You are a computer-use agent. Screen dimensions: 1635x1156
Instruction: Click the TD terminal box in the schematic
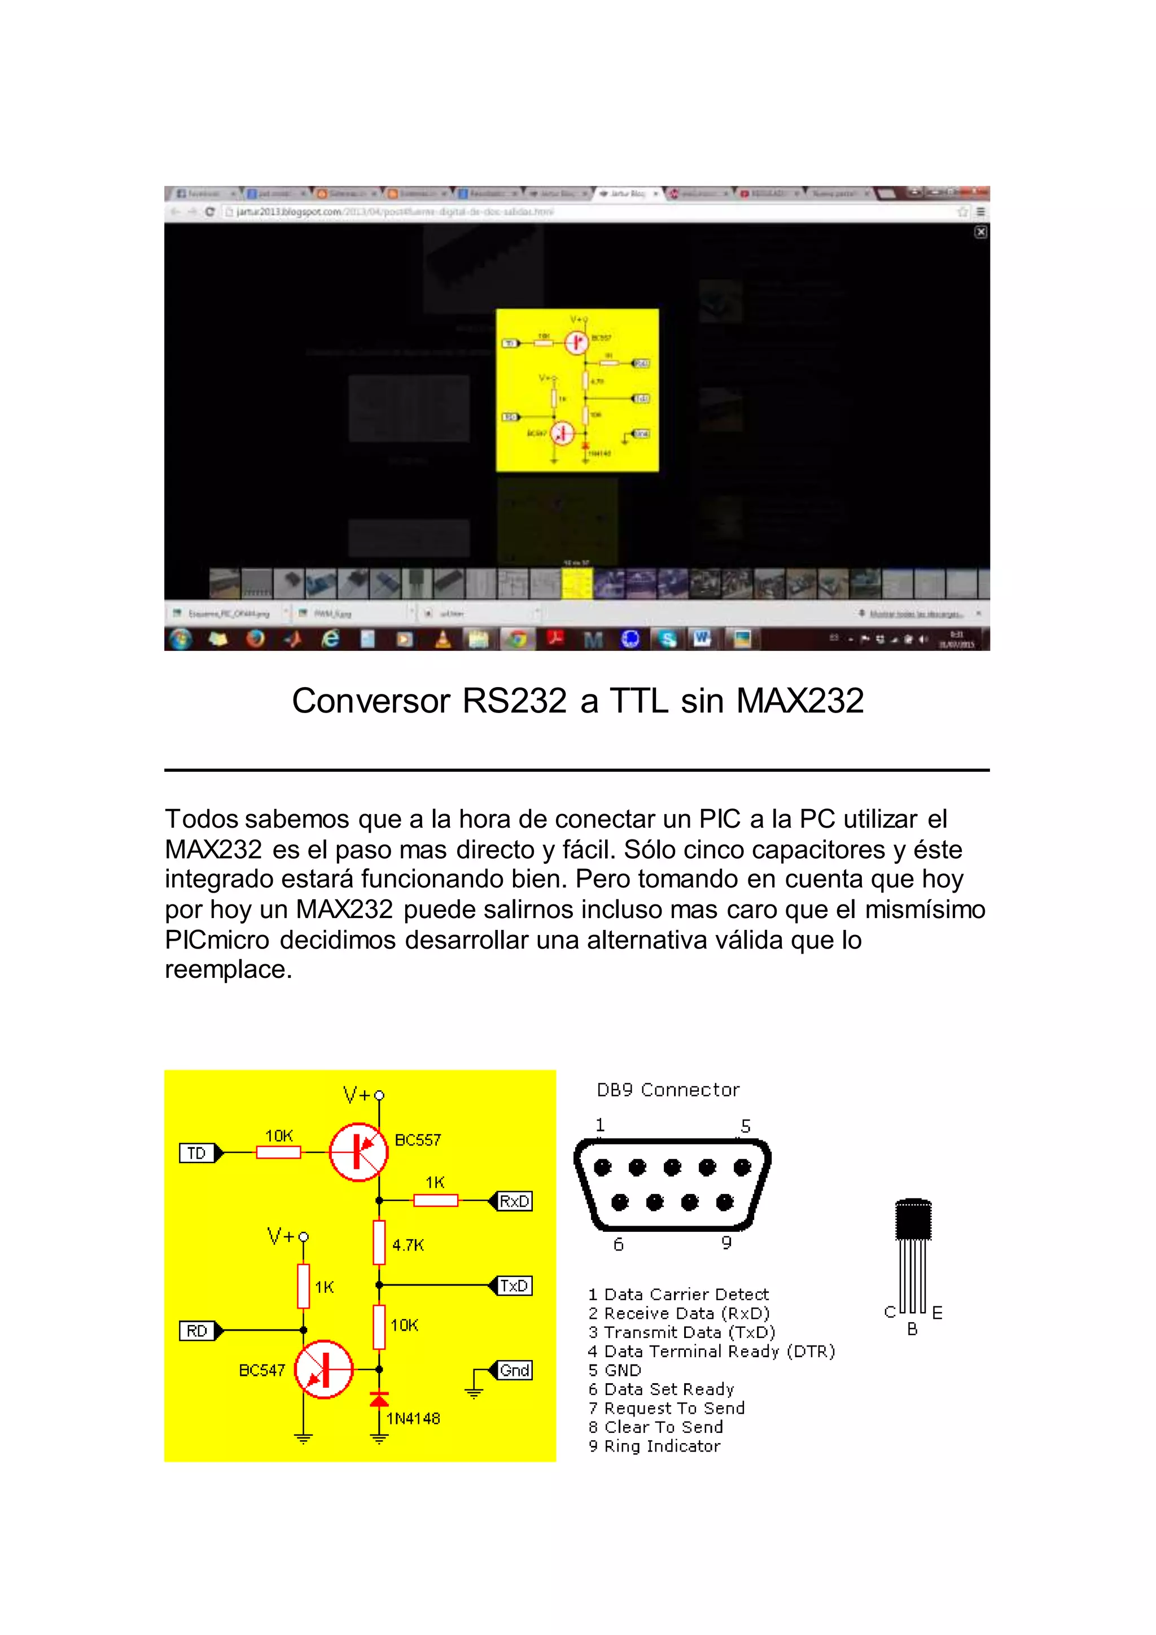[197, 1153]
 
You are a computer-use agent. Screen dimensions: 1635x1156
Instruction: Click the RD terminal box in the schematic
[197, 1331]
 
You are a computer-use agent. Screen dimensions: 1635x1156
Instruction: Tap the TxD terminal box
[514, 1286]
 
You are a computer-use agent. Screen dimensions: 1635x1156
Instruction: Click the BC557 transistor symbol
[358, 1152]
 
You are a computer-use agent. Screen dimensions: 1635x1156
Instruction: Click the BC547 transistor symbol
[324, 1370]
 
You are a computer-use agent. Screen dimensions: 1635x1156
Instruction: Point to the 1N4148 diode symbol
[379, 1400]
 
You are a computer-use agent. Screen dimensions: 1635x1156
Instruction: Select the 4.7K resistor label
[408, 1245]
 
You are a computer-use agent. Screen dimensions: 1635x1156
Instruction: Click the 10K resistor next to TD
[278, 1152]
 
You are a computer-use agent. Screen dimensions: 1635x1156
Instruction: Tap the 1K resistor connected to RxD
[436, 1201]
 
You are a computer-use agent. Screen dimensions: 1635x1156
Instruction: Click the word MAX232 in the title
[799, 701]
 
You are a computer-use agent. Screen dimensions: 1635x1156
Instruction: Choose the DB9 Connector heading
[668, 1090]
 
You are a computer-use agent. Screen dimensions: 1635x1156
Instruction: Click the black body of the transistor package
[913, 1220]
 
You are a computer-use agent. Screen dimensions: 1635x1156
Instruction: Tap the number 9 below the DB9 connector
[726, 1243]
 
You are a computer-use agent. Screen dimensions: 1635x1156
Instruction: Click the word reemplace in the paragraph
[228, 970]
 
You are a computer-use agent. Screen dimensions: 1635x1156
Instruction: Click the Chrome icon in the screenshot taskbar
[518, 639]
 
